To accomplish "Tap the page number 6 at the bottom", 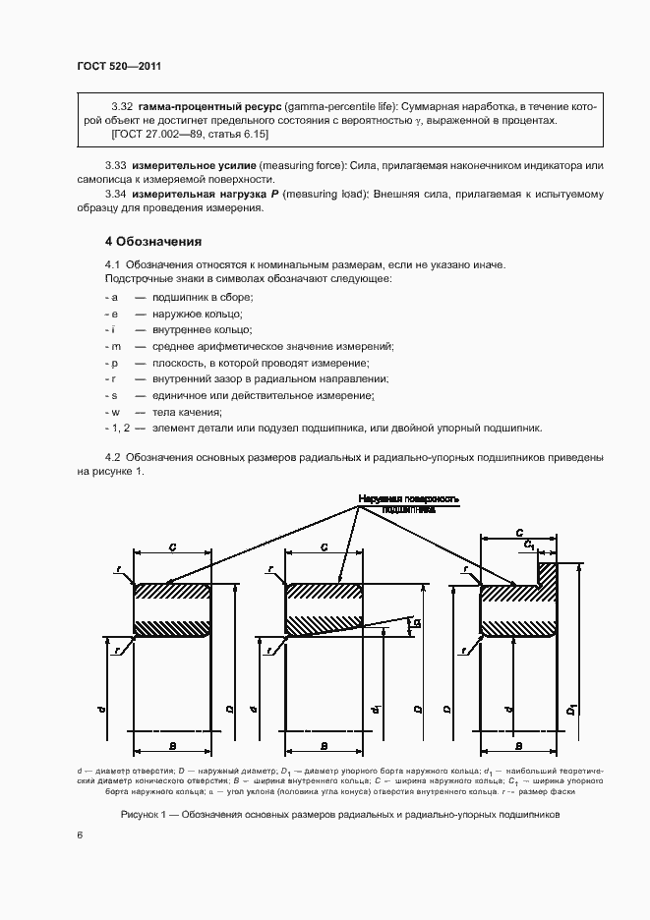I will coord(80,834).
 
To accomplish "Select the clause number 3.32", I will coord(123,104).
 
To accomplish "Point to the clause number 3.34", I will coord(117,195).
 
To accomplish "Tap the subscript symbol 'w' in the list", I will coord(114,411).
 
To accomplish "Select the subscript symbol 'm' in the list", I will coord(114,346).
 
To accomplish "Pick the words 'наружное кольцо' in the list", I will coord(185,313).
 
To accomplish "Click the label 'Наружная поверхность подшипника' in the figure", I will coord(408,504).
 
